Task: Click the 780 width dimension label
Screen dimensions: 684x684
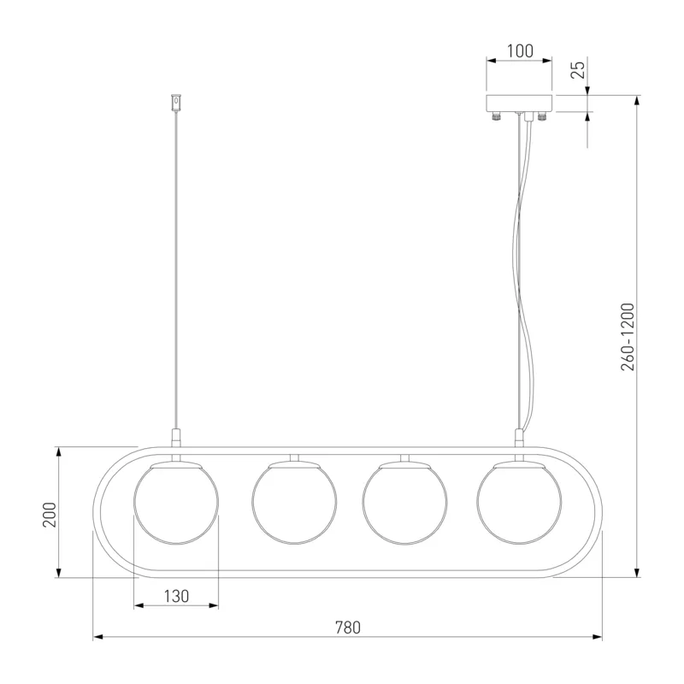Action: [x=348, y=628]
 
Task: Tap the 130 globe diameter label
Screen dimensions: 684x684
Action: [x=176, y=596]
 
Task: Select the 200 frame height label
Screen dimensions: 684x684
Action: [x=50, y=515]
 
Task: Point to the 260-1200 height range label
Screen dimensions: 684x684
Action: [x=628, y=337]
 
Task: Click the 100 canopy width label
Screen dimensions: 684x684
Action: [x=520, y=51]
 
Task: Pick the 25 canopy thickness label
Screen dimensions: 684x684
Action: [x=578, y=70]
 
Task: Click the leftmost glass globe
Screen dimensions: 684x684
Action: [x=176, y=503]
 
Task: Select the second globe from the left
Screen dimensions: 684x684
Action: [x=294, y=503]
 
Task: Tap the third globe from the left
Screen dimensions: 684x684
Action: [x=404, y=503]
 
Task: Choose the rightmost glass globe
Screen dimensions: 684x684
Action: [x=519, y=503]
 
